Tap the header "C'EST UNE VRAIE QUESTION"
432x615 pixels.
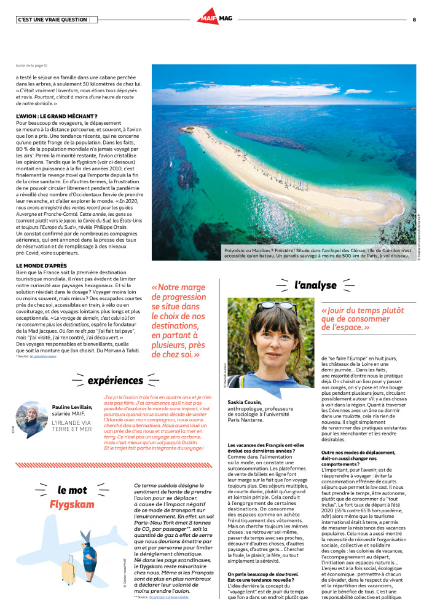point(52,20)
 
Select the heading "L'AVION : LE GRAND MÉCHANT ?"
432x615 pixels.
point(57,116)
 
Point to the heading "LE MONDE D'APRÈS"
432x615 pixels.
point(41,265)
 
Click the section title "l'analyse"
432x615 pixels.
point(315,285)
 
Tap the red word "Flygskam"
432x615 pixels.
point(72,505)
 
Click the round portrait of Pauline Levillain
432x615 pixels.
point(31,419)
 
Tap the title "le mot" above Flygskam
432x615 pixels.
point(72,490)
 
